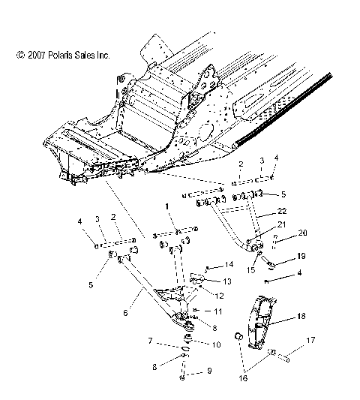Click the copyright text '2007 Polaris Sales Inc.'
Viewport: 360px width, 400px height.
63,56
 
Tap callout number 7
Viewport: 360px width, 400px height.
151,341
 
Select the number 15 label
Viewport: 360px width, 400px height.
250,269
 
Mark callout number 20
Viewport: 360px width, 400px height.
303,233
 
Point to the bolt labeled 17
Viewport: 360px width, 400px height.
285,356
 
